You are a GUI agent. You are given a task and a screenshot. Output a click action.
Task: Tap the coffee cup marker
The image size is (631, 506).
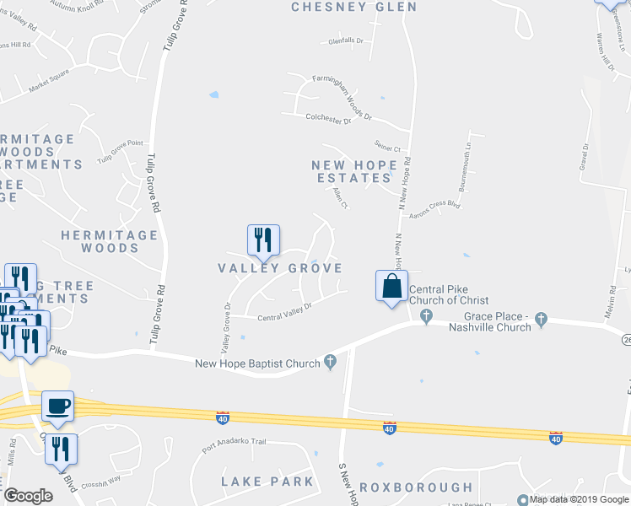coord(58,406)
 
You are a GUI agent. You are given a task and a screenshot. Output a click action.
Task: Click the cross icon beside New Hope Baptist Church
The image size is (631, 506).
coord(330,363)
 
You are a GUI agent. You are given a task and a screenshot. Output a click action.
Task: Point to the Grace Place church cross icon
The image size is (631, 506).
coord(541,320)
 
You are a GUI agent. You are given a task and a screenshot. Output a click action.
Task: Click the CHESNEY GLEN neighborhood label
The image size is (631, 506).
coord(353,8)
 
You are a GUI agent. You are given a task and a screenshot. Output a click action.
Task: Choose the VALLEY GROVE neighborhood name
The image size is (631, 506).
coord(280,268)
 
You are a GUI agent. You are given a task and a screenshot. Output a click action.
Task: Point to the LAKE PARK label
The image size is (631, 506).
coord(267,482)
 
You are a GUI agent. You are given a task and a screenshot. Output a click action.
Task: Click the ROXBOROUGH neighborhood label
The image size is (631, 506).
coord(416,487)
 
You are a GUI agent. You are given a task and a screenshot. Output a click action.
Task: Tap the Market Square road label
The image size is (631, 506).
coord(47,86)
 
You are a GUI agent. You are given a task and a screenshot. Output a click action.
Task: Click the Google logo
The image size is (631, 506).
coord(29,496)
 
